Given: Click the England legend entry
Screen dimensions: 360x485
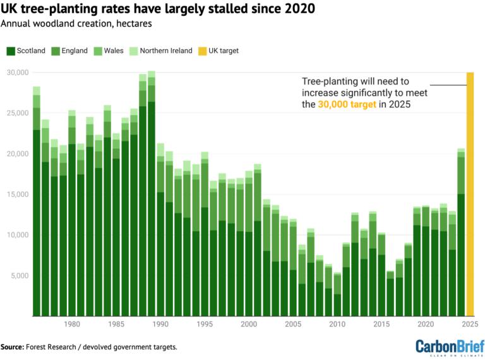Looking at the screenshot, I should coord(69,51).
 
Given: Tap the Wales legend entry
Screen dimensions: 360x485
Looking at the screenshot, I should coord(111,51).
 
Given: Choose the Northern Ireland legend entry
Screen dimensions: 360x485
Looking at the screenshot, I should coord(162,51).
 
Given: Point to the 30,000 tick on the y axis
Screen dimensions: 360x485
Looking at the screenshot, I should coord(18,73).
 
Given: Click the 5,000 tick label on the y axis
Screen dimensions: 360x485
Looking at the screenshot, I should coord(20,275).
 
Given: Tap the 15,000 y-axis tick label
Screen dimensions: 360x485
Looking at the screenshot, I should coord(18,195).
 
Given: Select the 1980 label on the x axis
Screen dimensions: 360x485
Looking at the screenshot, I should coord(71,324).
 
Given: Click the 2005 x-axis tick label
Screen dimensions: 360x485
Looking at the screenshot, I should coord(293,324).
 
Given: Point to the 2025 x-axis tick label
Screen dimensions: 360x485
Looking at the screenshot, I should coord(470,324).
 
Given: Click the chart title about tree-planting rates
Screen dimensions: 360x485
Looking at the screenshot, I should coord(159,9).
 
